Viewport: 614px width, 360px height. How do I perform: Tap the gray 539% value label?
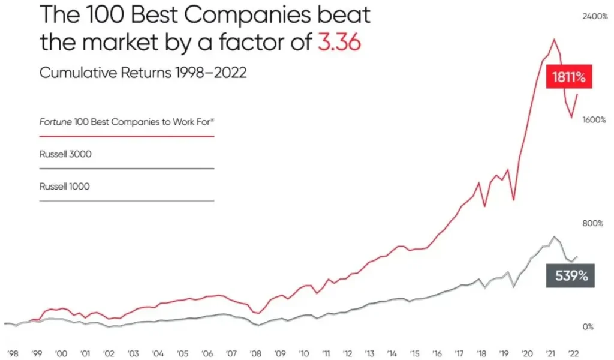[x=570, y=276]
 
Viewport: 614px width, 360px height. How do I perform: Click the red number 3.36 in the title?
[x=339, y=43]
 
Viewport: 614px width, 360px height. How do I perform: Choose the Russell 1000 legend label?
[x=65, y=187]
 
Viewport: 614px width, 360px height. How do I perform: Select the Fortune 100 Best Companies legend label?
[x=127, y=122]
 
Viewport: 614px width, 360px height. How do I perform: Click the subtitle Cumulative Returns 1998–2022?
[x=143, y=73]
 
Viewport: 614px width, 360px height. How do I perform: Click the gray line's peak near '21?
[x=554, y=237]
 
